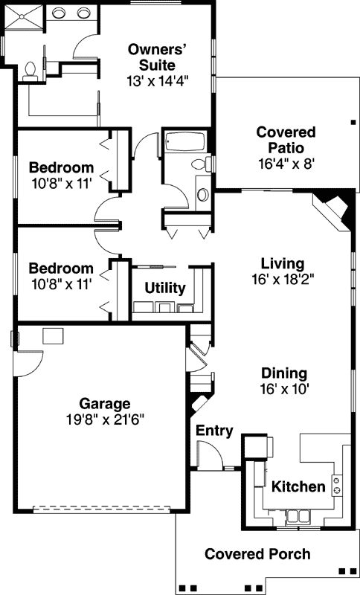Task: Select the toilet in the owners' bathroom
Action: [x=30, y=69]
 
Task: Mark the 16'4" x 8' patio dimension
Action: [x=286, y=164]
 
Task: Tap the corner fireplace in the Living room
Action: [x=332, y=208]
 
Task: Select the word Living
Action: [x=283, y=263]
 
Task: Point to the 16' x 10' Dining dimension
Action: [x=284, y=388]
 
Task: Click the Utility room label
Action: [x=165, y=288]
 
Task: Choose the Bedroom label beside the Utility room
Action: [x=61, y=268]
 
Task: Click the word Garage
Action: [x=105, y=404]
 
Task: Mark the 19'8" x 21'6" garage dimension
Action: [x=105, y=419]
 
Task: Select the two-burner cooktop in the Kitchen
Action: [x=337, y=486]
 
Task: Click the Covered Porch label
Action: [x=257, y=554]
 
